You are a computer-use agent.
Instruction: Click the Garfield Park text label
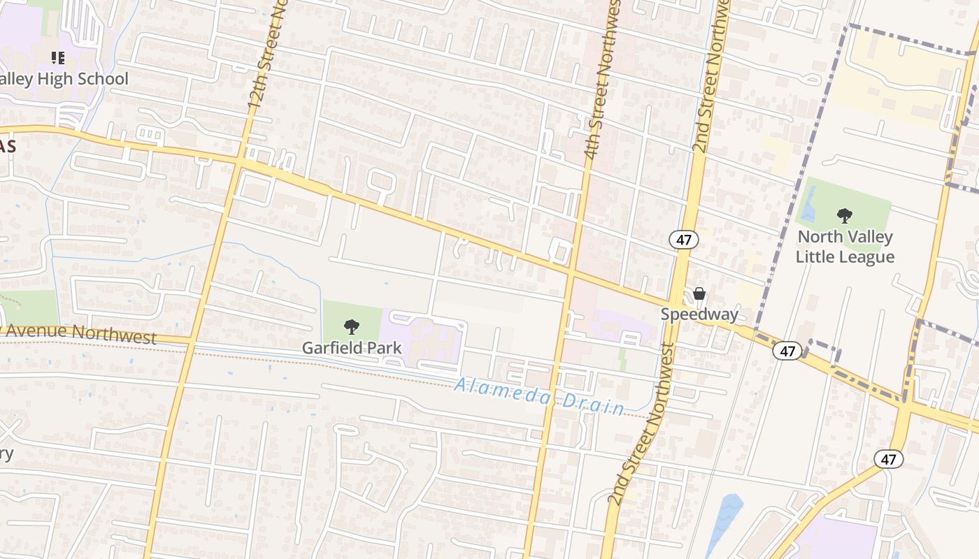[x=352, y=347]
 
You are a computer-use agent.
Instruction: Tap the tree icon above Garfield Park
[x=352, y=326]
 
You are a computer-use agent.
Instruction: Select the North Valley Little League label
[x=845, y=247]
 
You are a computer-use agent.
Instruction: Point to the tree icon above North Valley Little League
[x=845, y=216]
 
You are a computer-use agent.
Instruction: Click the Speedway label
[x=699, y=314]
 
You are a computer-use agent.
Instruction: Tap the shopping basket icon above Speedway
[x=699, y=293]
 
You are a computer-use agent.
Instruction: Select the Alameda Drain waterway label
[x=538, y=395]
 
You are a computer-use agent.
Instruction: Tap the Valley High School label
[x=64, y=79]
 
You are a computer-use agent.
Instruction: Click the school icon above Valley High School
[x=58, y=57]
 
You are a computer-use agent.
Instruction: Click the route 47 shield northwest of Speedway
[x=684, y=240]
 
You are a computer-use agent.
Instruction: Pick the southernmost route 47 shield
[x=888, y=459]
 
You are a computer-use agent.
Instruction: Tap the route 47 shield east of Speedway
[x=787, y=351]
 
